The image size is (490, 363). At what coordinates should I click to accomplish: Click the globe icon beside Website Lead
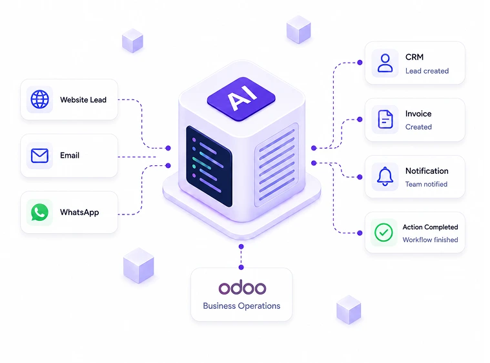39,99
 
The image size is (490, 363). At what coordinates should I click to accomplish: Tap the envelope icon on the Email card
39,156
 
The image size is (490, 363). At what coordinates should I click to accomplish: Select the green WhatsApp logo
39,213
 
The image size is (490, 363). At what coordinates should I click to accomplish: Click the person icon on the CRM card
385,63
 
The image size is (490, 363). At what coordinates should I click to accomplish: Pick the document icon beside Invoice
385,119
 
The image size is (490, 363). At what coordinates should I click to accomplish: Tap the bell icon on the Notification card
385,176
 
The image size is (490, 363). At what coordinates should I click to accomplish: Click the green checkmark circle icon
383,233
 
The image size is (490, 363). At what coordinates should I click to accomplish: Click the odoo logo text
242,287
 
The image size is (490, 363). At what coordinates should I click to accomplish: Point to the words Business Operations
241,306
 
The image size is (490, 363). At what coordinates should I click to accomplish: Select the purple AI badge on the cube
241,99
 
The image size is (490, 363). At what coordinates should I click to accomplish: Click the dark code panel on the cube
209,166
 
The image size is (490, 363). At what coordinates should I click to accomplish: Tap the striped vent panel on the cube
276,165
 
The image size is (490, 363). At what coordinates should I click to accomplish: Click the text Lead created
427,71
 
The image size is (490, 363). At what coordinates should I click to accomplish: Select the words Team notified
426,184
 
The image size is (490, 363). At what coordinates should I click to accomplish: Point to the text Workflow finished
431,240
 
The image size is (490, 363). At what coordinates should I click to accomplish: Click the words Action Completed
431,227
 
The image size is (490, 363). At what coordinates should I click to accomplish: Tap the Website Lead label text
83,99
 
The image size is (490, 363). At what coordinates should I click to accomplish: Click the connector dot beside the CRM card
360,63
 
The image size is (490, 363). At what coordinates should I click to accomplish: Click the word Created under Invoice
418,127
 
